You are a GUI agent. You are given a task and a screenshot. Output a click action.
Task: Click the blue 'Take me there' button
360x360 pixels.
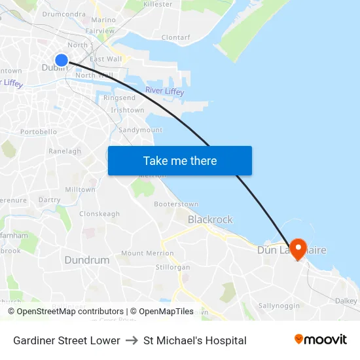(180, 160)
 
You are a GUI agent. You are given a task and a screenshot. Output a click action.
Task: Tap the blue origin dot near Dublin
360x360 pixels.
(62, 60)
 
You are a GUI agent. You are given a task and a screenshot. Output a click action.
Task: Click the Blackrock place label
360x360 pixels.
(210, 219)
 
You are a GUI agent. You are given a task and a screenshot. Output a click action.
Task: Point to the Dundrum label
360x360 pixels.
(87, 260)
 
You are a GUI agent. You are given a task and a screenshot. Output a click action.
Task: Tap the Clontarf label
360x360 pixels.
(175, 37)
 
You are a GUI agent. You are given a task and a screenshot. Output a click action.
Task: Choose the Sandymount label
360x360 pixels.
(141, 130)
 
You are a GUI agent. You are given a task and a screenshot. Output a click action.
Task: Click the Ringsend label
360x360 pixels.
(119, 98)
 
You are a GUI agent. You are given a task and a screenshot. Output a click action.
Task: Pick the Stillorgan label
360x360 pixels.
(173, 268)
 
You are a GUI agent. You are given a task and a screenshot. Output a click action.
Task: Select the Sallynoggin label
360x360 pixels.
(279, 306)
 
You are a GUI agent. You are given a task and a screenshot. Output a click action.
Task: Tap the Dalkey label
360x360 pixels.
(346, 300)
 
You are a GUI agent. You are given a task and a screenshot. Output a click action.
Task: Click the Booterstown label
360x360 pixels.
(176, 204)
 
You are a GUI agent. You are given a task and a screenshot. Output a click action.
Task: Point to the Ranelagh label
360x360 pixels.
(65, 151)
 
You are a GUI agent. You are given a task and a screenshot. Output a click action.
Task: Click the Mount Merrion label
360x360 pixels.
(147, 253)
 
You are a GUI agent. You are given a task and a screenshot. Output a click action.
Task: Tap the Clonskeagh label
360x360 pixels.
(99, 214)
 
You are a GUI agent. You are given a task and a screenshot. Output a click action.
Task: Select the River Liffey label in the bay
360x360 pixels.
(164, 92)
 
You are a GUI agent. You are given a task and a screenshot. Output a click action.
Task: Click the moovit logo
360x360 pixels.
(321, 339)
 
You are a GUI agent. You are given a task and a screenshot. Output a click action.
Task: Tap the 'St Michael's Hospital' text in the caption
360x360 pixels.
(195, 340)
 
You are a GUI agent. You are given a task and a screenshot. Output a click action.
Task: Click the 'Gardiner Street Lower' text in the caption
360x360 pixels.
(67, 340)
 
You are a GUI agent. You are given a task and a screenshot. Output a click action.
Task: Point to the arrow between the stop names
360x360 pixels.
(132, 340)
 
